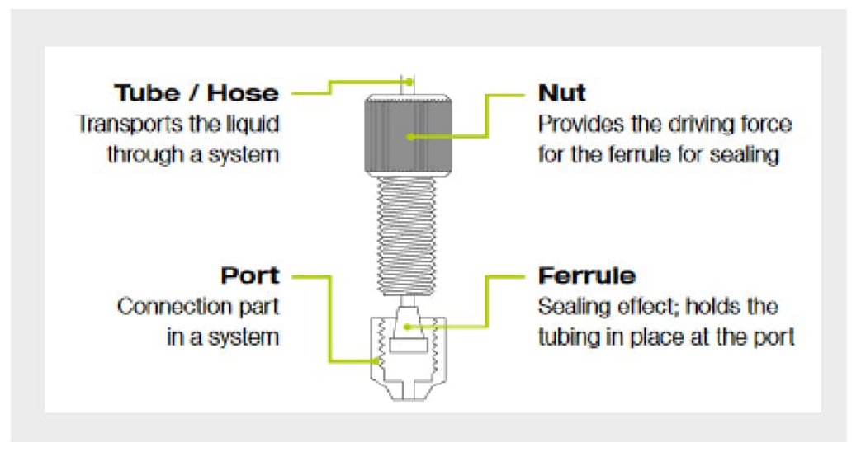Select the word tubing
[569, 337]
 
